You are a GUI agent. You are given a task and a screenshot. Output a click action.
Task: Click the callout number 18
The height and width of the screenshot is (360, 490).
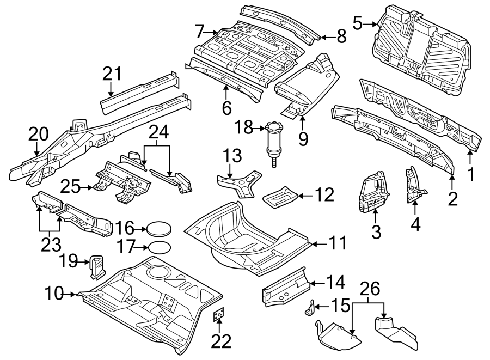[x=243, y=127]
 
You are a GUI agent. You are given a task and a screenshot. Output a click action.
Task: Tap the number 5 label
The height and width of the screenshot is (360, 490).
[x=357, y=23]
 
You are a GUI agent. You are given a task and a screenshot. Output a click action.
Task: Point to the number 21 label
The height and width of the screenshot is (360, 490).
[x=112, y=74]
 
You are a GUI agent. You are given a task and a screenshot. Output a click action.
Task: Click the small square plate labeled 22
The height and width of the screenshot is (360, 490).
[x=219, y=315]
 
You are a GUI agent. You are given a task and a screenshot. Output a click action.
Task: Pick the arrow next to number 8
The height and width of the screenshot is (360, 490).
[x=326, y=38]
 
